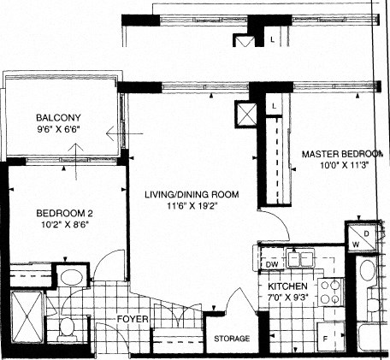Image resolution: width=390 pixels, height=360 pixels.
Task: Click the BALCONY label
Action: (58, 119)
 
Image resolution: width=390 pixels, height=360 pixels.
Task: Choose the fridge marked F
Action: (328, 337)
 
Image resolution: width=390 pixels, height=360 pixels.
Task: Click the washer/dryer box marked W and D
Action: (362, 238)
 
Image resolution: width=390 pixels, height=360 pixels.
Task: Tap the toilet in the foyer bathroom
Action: (71, 327)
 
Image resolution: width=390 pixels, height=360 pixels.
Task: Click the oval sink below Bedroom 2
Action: (70, 278)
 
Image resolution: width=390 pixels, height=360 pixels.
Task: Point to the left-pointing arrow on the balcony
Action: (111, 133)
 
